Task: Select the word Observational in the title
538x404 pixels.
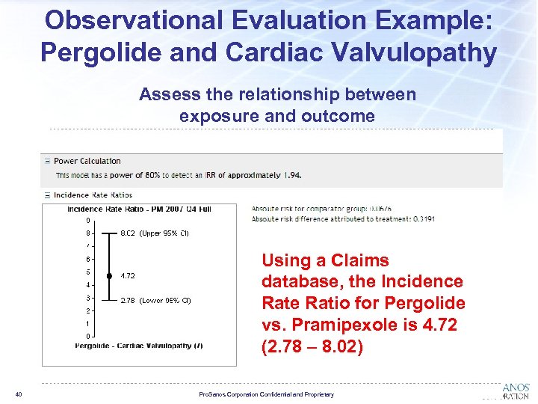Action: click(123, 19)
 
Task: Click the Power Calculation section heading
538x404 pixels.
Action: click(87, 161)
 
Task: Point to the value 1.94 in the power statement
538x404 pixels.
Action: click(293, 175)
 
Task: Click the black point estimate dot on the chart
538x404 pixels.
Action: click(109, 276)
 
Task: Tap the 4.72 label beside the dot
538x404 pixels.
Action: click(128, 276)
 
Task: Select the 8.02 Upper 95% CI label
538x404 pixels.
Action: click(155, 233)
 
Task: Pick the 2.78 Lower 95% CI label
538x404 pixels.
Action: click(155, 301)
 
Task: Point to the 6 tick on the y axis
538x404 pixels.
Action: click(87, 259)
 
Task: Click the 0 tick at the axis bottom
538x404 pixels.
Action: click(87, 336)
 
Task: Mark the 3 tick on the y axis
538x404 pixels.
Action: click(87, 298)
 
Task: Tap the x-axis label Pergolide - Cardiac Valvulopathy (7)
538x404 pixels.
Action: click(139, 346)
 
